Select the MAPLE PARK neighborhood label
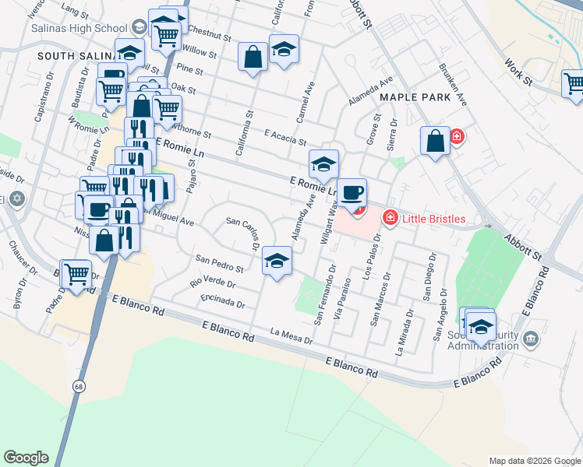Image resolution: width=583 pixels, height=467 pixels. (415, 97)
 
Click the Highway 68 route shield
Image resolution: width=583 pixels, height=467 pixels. (79, 385)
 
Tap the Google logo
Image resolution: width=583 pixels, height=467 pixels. (26, 458)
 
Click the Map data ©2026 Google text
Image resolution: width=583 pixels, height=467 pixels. (535, 461)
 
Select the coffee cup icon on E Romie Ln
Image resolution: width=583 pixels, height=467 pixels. (353, 191)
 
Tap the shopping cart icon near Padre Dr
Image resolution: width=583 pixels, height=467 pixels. (76, 273)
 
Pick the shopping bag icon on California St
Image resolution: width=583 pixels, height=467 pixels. (253, 56)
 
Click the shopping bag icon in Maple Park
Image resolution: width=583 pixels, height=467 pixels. (436, 139)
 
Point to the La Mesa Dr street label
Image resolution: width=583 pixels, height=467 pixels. (291, 337)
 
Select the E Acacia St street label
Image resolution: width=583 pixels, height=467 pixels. (285, 135)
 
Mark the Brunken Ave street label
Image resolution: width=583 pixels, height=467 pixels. (452, 85)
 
